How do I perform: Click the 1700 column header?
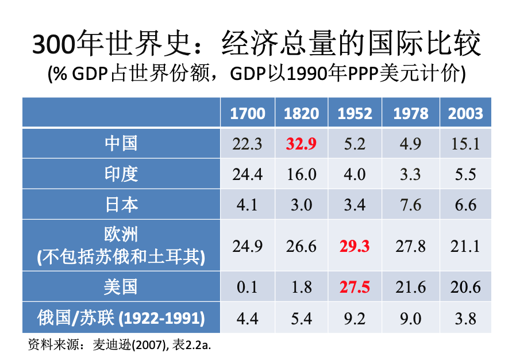pos(248,113)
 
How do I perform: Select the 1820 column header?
pos(301,113)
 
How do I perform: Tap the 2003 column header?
pos(465,113)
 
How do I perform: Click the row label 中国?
pos(121,143)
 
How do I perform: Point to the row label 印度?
pos(121,173)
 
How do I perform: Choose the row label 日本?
pos(121,204)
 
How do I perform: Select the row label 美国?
pos(121,286)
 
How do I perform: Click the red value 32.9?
pos(301,143)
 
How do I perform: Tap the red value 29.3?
pos(355,246)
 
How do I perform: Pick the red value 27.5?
pos(355,287)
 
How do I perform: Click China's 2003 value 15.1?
pos(465,143)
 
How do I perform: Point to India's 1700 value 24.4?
pos(248,174)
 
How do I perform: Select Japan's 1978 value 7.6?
pos(410,205)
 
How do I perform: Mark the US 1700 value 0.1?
pos(248,287)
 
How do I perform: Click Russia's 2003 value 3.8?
pos(465,318)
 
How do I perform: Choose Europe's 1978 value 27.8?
pos(410,246)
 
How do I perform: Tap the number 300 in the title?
pos(53,45)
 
